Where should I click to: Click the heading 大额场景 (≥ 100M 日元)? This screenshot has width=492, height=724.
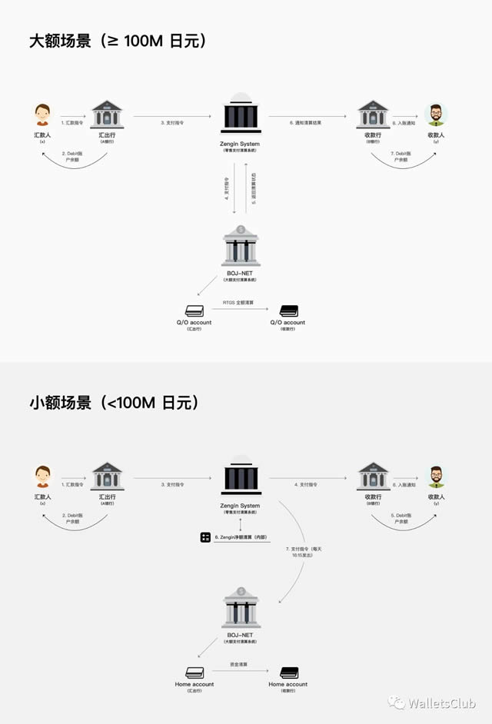click(118, 41)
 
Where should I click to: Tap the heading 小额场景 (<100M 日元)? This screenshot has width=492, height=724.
click(114, 402)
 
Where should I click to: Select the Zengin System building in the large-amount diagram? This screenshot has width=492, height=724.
click(240, 115)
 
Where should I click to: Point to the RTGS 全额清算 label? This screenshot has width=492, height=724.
click(239, 304)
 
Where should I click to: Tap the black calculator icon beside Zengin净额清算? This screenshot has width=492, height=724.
click(204, 536)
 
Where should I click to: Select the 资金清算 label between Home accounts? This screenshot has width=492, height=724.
click(239, 664)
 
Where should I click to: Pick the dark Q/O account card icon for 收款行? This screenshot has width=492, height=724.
click(288, 311)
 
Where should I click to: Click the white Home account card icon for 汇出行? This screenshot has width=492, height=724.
click(194, 672)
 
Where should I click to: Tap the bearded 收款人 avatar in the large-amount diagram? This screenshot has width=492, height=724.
click(435, 115)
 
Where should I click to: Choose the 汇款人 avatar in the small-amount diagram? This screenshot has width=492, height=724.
click(43, 477)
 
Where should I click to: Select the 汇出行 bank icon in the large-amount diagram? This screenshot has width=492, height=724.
click(107, 115)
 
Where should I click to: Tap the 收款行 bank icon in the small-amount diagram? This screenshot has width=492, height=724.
click(373, 477)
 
